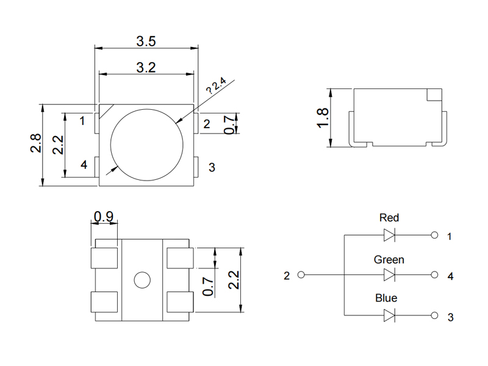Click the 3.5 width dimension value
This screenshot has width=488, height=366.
146,41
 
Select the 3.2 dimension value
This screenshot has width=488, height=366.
146,67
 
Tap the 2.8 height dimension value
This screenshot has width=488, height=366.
36,144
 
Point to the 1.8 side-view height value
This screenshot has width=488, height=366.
323,117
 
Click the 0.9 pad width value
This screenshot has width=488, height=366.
104,216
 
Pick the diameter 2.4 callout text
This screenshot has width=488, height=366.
216,86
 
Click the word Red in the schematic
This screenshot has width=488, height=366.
389,218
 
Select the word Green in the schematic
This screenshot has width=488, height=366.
389,260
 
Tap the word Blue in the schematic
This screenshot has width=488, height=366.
386,298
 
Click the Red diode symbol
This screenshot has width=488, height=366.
389,235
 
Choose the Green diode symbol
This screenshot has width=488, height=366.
389,275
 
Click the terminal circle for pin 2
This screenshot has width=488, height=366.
300,275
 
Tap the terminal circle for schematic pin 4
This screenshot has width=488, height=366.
434,275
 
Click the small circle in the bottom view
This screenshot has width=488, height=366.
142,281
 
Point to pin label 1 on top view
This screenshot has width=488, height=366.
82,121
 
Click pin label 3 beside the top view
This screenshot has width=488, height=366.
212,167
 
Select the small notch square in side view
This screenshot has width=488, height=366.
434,95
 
